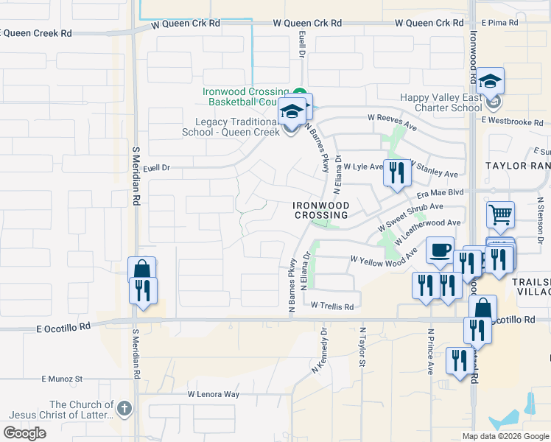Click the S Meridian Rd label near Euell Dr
click(x=136, y=175)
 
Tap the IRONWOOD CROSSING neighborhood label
click(x=320, y=210)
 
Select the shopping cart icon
click(x=500, y=215)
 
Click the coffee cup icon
click(x=440, y=250)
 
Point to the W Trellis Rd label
click(x=331, y=306)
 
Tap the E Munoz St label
click(x=63, y=379)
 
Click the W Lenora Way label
click(x=213, y=394)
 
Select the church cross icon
click(x=124, y=407)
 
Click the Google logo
click(x=24, y=433)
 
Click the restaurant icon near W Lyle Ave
click(x=396, y=173)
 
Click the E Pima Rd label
click(x=499, y=24)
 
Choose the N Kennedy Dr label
click(x=319, y=356)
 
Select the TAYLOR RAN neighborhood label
click(x=517, y=166)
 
